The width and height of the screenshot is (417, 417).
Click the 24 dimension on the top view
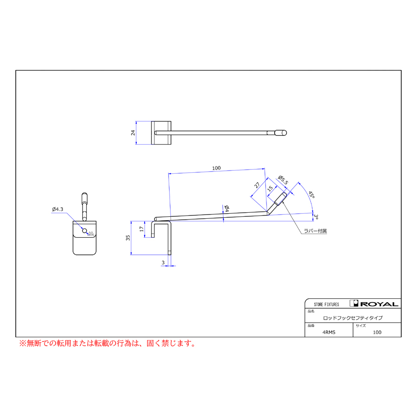(x=133, y=133)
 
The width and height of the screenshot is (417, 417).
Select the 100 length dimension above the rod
(x=216, y=168)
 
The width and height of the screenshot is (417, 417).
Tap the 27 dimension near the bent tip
(x=257, y=185)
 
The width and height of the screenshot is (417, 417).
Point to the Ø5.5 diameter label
(x=283, y=180)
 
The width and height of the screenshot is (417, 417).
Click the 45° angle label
(x=312, y=195)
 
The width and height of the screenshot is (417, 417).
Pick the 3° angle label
(x=316, y=217)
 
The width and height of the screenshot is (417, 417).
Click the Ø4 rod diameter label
(x=227, y=208)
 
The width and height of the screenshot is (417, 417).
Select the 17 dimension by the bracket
(x=141, y=229)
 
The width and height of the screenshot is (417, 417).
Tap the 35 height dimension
(x=128, y=238)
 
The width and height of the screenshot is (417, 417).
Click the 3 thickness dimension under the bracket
(x=163, y=263)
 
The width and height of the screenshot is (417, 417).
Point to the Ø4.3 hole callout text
(x=58, y=209)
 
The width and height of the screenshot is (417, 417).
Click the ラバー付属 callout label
(x=316, y=231)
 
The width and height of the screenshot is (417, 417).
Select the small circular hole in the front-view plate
(x=85, y=231)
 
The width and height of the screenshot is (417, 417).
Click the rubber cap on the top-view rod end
(x=281, y=133)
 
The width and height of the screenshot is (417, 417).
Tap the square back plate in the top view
(x=161, y=133)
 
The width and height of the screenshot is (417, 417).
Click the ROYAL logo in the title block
(x=374, y=303)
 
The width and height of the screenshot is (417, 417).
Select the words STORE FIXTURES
(x=326, y=304)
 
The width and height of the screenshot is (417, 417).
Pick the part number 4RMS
(x=329, y=332)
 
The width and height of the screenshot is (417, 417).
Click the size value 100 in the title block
(x=377, y=332)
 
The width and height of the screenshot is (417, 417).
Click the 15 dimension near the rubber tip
(x=270, y=189)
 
